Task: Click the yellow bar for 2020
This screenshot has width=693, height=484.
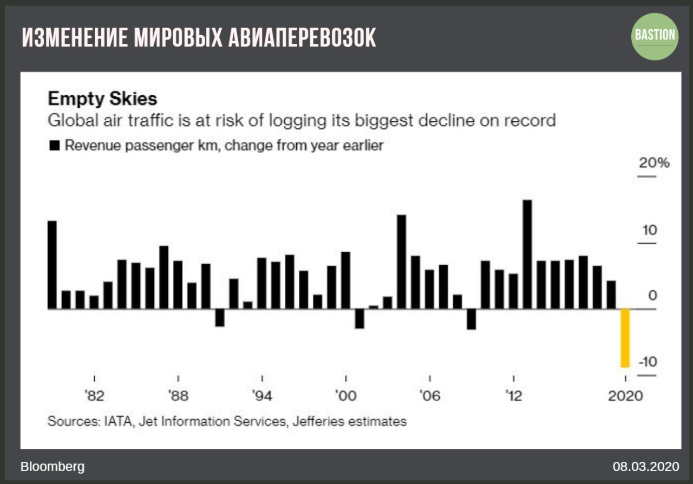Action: [x=625, y=338]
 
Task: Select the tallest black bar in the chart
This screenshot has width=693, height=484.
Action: [x=527, y=254]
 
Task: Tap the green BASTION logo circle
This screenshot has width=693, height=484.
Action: [x=655, y=36]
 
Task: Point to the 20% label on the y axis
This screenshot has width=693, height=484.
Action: [x=654, y=163]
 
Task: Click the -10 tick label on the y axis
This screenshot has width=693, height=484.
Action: [x=647, y=362]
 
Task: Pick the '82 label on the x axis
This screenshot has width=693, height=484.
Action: [x=95, y=396]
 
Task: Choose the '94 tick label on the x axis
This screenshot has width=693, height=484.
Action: [x=262, y=396]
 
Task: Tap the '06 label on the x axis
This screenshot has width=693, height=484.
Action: [x=429, y=396]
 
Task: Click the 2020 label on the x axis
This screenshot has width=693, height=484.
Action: [x=625, y=396]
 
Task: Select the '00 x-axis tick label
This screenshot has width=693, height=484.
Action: [x=346, y=396]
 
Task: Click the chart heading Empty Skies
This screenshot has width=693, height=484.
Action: [x=102, y=99]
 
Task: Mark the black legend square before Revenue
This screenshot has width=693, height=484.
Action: [x=54, y=146]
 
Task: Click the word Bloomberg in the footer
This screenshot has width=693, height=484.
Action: [x=53, y=467]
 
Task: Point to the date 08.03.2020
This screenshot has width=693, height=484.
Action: [x=645, y=467]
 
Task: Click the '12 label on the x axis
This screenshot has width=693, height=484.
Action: [x=513, y=396]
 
